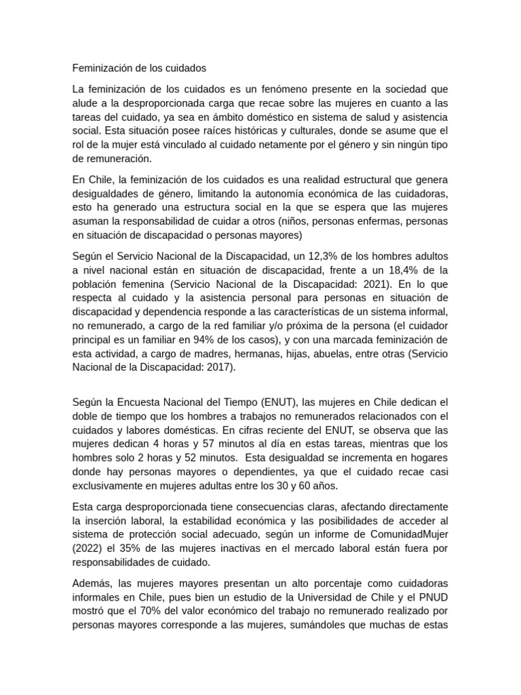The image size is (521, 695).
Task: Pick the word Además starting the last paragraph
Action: tap(93, 584)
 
